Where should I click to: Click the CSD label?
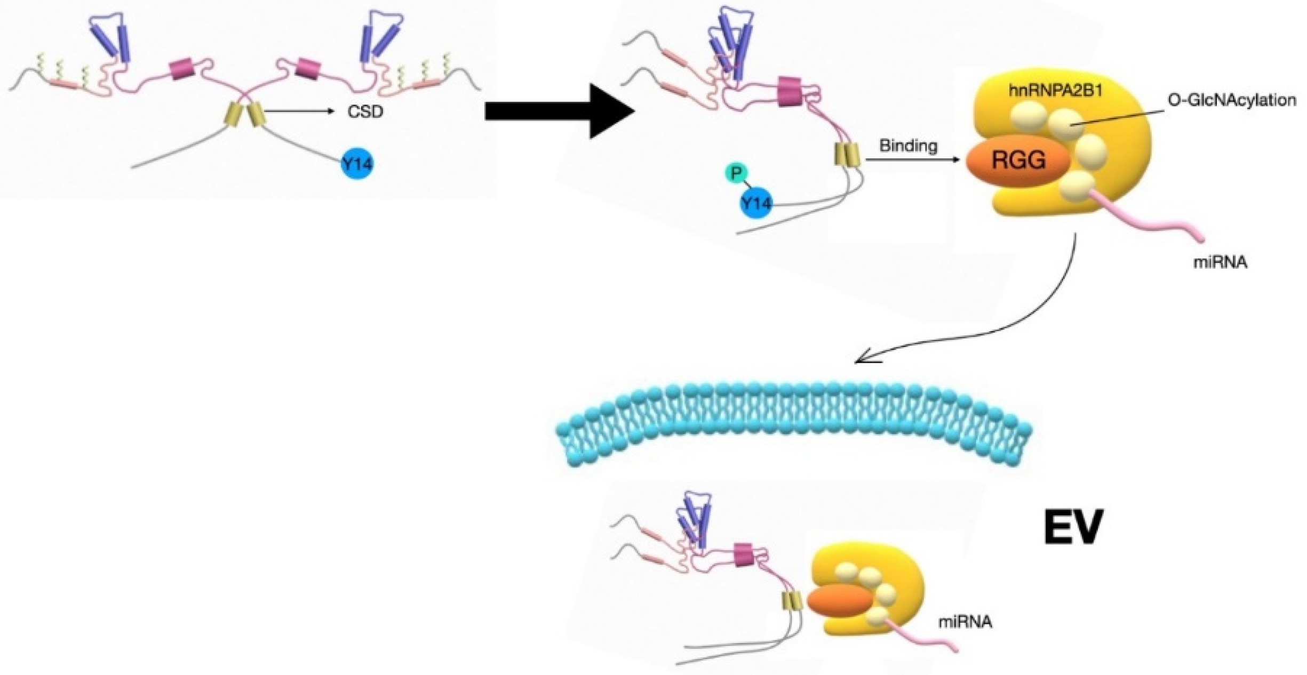point(365,112)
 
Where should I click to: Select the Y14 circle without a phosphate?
point(357,164)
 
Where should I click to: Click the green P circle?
point(737,173)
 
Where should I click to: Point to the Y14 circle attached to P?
point(756,203)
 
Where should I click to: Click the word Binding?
point(908,145)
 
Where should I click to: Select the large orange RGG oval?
point(1018,159)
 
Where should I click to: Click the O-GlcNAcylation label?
point(1232,100)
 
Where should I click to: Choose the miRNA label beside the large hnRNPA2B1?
point(1221,262)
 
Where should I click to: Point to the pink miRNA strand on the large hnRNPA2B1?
point(1147,216)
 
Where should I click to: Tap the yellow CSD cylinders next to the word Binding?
point(847,155)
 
